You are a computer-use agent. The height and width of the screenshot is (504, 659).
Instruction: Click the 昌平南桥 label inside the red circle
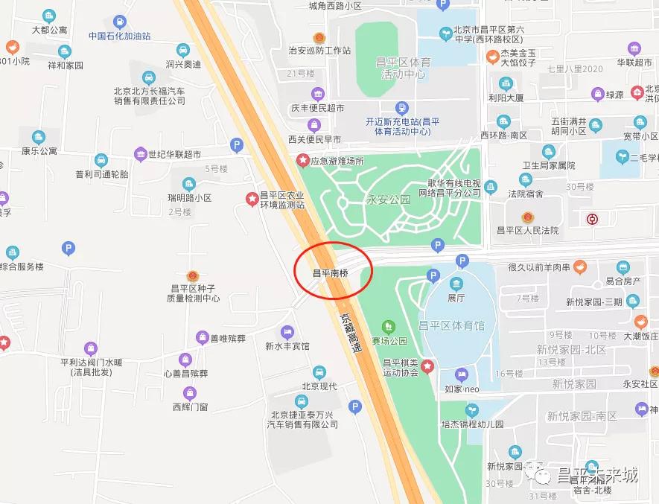tap(330, 272)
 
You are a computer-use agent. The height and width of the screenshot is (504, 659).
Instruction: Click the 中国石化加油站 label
tap(119, 36)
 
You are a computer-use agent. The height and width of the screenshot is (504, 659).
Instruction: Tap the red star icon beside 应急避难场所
tap(303, 160)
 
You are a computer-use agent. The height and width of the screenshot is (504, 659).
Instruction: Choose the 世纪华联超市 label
tap(174, 155)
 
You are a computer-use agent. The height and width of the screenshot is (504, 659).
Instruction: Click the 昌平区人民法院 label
tap(527, 231)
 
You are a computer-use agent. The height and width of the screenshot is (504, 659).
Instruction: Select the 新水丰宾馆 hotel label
tap(287, 346)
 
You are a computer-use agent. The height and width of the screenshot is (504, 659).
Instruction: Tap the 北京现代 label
tap(319, 386)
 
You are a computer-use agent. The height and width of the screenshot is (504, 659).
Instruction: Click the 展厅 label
tap(456, 297)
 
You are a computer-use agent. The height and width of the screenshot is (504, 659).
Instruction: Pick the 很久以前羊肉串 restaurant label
tap(539, 267)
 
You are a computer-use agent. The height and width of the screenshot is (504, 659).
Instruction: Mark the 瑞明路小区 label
tap(190, 198)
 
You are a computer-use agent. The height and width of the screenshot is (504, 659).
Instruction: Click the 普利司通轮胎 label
tap(102, 174)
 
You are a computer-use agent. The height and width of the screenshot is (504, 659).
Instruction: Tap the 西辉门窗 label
tap(190, 406)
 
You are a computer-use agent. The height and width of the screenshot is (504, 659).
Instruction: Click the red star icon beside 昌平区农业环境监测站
tap(252, 197)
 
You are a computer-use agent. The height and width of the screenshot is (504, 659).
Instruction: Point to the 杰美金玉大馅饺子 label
tap(518, 58)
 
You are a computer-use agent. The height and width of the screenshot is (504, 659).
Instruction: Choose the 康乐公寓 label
tap(39, 150)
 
